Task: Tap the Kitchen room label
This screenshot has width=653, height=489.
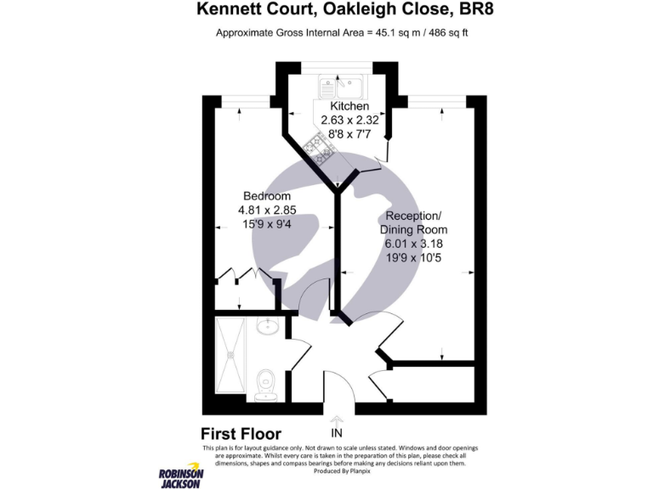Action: pos(349,106)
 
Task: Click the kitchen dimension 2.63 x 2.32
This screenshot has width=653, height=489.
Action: pos(349,121)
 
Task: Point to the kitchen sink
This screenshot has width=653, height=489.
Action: pos(340,85)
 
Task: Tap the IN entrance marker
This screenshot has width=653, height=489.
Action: pos(337,434)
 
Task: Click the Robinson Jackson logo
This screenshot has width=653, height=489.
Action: pos(179,476)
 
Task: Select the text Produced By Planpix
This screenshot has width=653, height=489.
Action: pos(338,470)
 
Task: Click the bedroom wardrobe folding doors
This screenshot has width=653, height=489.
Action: pos(243,274)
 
